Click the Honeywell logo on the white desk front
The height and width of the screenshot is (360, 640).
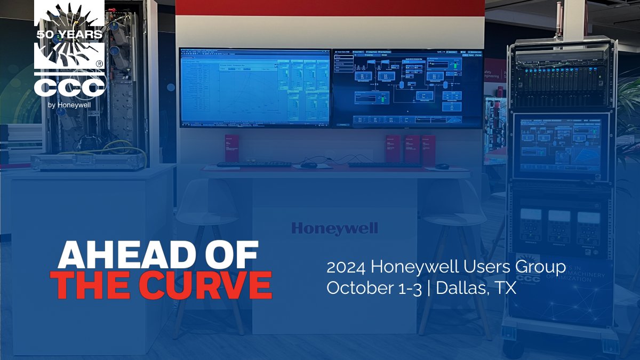click(334, 229)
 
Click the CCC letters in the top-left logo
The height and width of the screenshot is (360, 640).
click(69, 87)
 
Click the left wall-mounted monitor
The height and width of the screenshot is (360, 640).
click(255, 87)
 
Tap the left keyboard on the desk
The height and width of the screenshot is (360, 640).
click(254, 164)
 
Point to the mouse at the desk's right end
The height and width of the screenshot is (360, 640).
click(442, 166)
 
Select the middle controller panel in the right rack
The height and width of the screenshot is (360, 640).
click(559, 224)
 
